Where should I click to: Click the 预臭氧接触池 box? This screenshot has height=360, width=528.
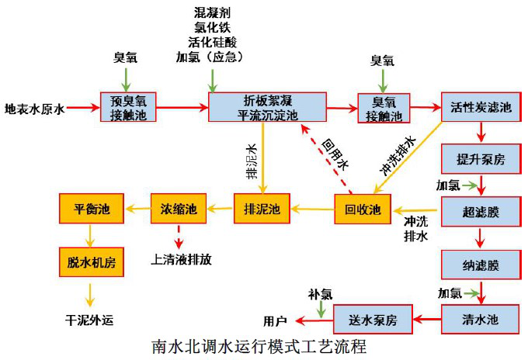pos(129,108)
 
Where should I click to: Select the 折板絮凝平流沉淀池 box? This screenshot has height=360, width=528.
pos(267,108)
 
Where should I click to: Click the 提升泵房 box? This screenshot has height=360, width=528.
pos(481,160)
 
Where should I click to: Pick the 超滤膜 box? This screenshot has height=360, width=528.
pos(481,211)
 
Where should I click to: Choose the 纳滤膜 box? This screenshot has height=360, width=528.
pos(481,265)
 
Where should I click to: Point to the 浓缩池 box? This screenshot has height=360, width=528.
pos(179,209)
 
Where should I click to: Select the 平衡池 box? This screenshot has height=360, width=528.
pos(91,209)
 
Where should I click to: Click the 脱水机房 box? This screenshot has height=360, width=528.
pos(91,262)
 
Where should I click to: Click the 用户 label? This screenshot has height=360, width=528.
pos(276,320)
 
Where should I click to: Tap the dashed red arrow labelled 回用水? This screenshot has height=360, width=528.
pos(328,159)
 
